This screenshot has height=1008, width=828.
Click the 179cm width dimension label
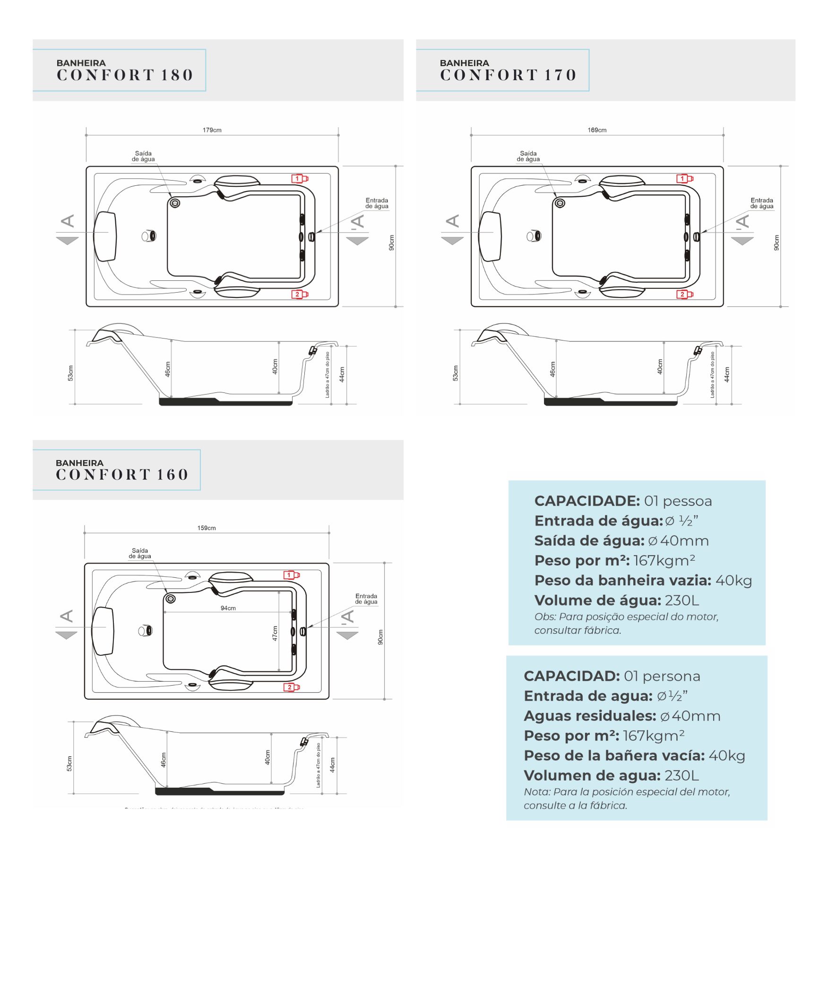click(212, 130)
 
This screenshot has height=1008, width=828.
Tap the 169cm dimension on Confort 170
click(597, 130)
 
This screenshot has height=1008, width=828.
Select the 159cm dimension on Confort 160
click(207, 528)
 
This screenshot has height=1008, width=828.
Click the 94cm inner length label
click(228, 608)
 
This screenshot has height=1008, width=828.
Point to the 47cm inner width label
click(275, 633)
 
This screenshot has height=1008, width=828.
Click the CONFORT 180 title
click(125, 75)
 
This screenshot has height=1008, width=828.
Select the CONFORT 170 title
click(509, 75)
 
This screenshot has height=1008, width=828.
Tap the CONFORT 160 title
click(122, 474)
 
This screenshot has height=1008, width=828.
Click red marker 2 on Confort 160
click(291, 687)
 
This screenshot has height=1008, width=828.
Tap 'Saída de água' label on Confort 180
click(143, 156)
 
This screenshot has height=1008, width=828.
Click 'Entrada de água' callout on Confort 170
click(762, 203)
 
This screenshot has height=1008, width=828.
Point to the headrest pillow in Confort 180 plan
click(105, 236)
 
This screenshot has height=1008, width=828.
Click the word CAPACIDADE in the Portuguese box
click(586, 501)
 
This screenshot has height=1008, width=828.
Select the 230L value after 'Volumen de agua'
click(681, 775)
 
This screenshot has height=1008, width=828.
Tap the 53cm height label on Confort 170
click(455, 373)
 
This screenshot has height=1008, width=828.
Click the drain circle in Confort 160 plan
click(171, 599)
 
